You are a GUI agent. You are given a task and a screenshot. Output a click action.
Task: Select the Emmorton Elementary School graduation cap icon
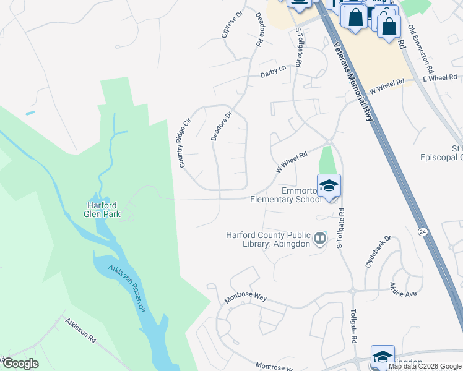(x=329, y=185)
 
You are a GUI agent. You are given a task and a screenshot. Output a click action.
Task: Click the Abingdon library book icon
(x=320, y=238)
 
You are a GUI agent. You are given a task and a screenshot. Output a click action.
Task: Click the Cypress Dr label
(x=233, y=24)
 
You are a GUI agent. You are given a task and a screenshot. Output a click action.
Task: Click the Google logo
(x=20, y=364)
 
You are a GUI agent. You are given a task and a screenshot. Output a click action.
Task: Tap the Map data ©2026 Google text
(x=425, y=366)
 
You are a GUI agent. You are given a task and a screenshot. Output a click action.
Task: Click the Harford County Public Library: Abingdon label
(x=268, y=239)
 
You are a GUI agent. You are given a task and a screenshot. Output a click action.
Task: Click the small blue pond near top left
(x=30, y=113)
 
